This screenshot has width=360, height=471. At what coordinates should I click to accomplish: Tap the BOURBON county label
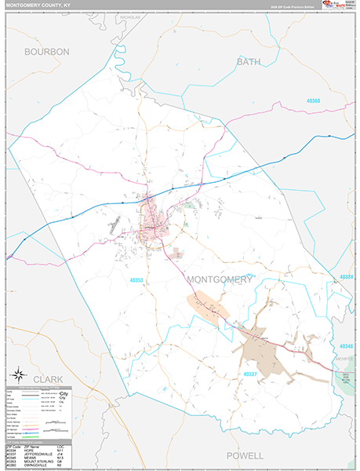(47, 52)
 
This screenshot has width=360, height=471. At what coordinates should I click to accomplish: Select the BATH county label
(248, 61)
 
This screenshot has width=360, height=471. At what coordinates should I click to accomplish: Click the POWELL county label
(245, 455)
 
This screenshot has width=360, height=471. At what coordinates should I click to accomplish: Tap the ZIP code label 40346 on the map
(347, 345)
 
